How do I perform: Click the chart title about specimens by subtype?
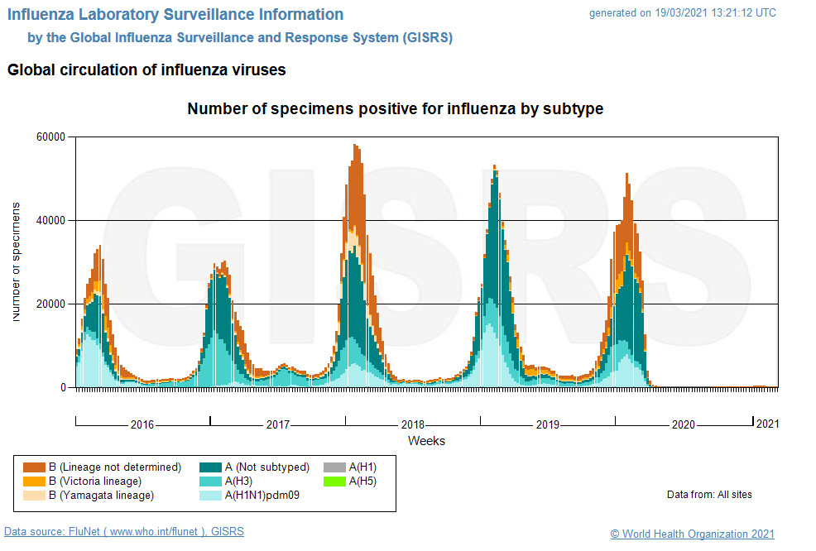[395, 109]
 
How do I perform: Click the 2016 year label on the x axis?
[142, 424]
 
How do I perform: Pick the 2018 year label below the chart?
[412, 424]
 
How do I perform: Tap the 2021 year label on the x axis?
[767, 424]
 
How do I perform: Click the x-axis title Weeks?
[426, 441]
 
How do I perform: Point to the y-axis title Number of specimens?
[17, 261]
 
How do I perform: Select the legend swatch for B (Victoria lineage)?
[34, 481]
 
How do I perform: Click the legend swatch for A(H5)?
[335, 481]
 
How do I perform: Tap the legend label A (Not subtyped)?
[267, 467]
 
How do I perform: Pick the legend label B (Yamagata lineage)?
[101, 496]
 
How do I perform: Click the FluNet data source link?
[124, 532]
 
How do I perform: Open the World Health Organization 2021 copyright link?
[692, 534]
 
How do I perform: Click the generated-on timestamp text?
[682, 13]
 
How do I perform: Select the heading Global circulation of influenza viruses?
[146, 70]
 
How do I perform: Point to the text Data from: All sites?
[709, 495]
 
